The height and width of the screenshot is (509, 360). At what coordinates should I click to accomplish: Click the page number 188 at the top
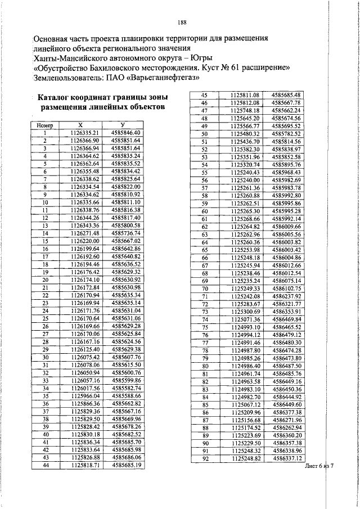pos(181,22)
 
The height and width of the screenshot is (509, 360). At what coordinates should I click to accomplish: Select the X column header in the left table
pos(80,125)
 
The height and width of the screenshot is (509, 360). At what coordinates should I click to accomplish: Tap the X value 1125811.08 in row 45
pos(245,96)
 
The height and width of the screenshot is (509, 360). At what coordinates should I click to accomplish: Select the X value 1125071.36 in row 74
pos(245,319)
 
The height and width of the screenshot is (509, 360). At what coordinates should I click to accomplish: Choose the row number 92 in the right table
pos(205,459)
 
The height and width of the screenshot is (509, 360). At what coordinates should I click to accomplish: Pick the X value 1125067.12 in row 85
pos(245,404)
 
